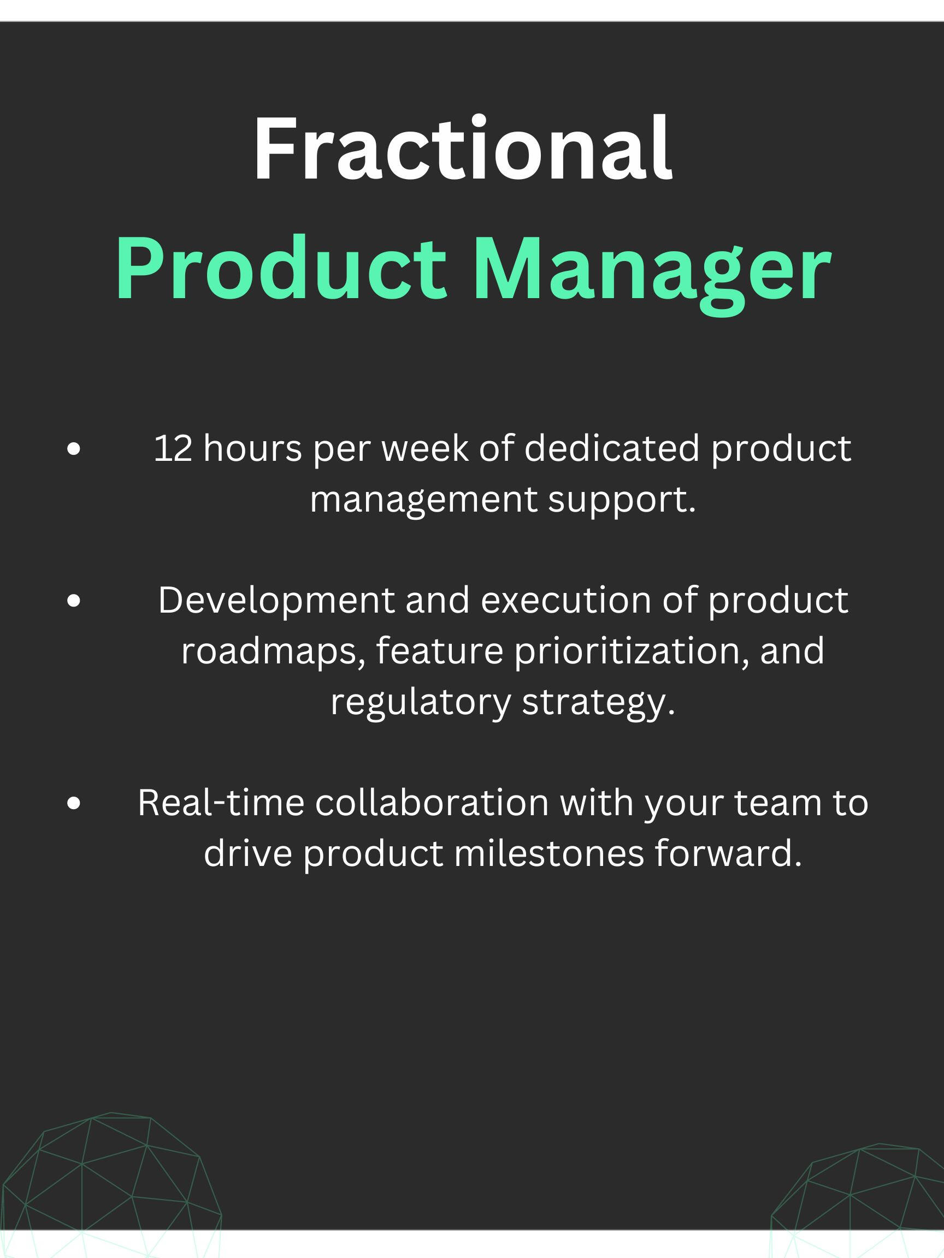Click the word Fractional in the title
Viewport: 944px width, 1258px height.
(463, 149)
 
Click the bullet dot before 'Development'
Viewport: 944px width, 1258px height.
(73, 601)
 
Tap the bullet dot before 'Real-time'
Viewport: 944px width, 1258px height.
(73, 803)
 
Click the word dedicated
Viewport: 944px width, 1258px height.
(611, 449)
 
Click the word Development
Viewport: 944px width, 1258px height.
(276, 601)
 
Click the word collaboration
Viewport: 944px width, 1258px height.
(432, 803)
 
